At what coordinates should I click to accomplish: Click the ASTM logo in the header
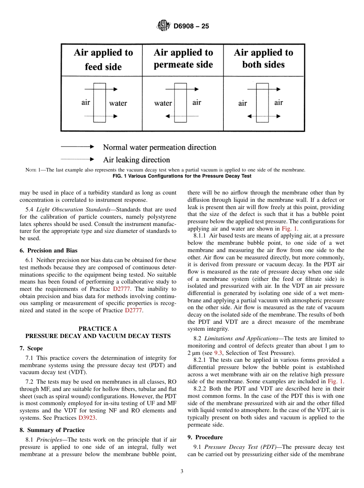click(164, 26)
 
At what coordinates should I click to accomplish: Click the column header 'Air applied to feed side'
click(103, 59)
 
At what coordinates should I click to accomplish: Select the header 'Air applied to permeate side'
click(183, 58)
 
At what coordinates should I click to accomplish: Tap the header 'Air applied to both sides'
click(263, 58)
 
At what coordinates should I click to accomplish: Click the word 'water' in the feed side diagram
click(118, 103)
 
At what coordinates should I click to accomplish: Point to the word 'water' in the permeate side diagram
click(163, 103)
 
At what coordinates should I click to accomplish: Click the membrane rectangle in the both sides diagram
click(262, 102)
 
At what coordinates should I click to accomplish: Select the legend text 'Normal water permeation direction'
click(159, 147)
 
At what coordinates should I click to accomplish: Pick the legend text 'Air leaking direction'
click(136, 160)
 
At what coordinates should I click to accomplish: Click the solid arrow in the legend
click(77, 147)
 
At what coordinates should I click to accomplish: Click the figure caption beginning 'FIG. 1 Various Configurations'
click(182, 176)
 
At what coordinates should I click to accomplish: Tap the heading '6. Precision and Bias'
click(48, 251)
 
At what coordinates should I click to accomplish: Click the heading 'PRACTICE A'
click(98, 328)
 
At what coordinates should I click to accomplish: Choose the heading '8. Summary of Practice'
click(52, 430)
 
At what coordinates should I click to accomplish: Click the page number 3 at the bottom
click(182, 472)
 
